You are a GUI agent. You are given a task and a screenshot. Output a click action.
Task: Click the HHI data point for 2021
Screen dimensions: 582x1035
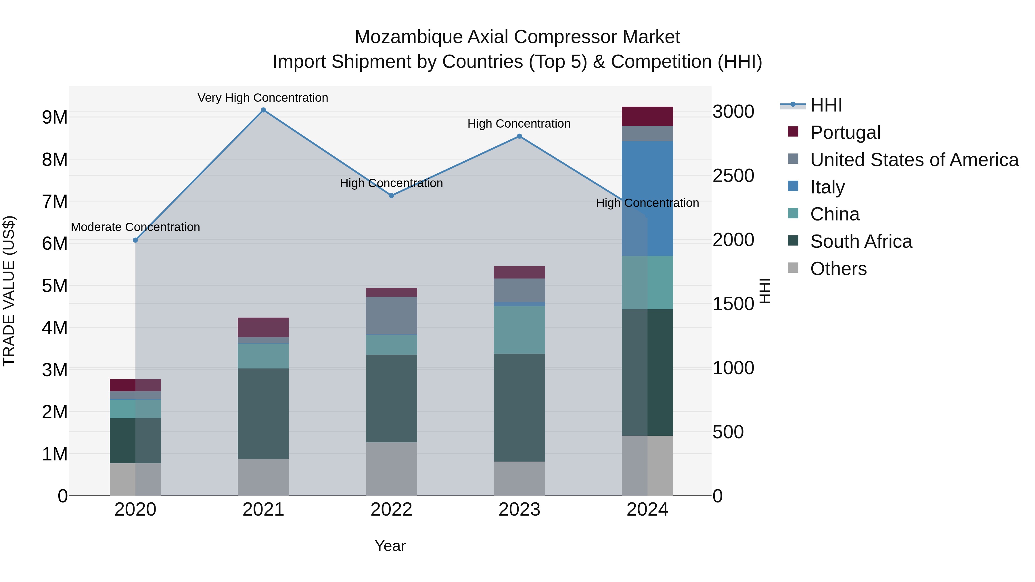pyautogui.click(x=263, y=110)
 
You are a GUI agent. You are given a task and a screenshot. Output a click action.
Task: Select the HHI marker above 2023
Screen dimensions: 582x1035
pyautogui.click(x=519, y=136)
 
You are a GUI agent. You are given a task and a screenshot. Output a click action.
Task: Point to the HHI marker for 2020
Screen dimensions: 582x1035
pyautogui.click(x=135, y=240)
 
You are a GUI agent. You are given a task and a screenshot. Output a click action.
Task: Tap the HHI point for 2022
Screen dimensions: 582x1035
pyautogui.click(x=391, y=196)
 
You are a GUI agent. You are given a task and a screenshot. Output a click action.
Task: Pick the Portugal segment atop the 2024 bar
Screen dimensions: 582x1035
pyautogui.click(x=647, y=116)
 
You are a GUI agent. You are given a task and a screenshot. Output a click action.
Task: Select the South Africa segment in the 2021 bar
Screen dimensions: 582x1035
pyautogui.click(x=263, y=414)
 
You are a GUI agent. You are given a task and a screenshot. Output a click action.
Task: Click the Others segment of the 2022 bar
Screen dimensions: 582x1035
pyautogui.click(x=391, y=469)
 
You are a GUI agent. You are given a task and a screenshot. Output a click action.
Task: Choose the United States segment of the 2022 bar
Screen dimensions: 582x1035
pyautogui.click(x=391, y=315)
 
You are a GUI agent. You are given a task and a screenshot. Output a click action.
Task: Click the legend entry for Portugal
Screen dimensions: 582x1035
pyautogui.click(x=845, y=132)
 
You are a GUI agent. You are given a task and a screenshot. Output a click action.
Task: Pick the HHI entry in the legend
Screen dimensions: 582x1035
pyautogui.click(x=826, y=105)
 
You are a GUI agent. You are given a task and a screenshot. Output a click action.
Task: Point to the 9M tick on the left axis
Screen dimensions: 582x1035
pyautogui.click(x=55, y=117)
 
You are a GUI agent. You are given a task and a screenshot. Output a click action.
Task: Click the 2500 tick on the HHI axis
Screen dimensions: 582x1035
pyautogui.click(x=733, y=176)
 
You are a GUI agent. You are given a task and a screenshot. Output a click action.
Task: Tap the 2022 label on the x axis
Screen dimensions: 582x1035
pyautogui.click(x=391, y=510)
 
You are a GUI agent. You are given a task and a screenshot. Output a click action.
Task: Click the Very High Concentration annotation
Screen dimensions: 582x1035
pyautogui.click(x=263, y=98)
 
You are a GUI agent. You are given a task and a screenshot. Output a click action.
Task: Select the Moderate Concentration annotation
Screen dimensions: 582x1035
pyautogui.click(x=135, y=227)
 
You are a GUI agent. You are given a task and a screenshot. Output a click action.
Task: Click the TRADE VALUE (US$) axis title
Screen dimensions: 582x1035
pyautogui.click(x=9, y=291)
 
